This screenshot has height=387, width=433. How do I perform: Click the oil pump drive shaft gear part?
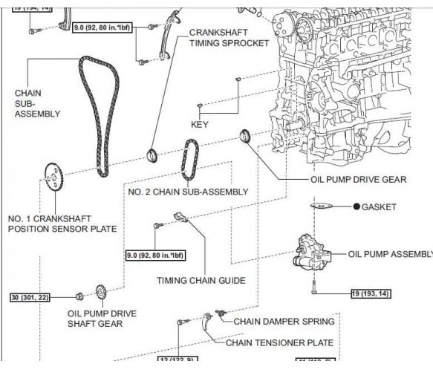point(100,293)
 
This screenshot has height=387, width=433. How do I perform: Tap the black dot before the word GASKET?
point(357,206)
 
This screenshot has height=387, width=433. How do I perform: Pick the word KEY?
point(200,124)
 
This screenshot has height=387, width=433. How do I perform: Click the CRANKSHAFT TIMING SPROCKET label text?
point(228,38)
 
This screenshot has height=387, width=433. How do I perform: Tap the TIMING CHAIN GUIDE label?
point(201,280)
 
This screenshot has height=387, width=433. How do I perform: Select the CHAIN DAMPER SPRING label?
point(284,322)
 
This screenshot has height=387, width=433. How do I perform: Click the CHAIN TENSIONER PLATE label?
point(279,342)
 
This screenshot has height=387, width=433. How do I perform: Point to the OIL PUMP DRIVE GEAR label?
point(358,179)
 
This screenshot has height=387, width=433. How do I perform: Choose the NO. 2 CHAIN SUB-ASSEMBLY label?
point(188,192)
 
